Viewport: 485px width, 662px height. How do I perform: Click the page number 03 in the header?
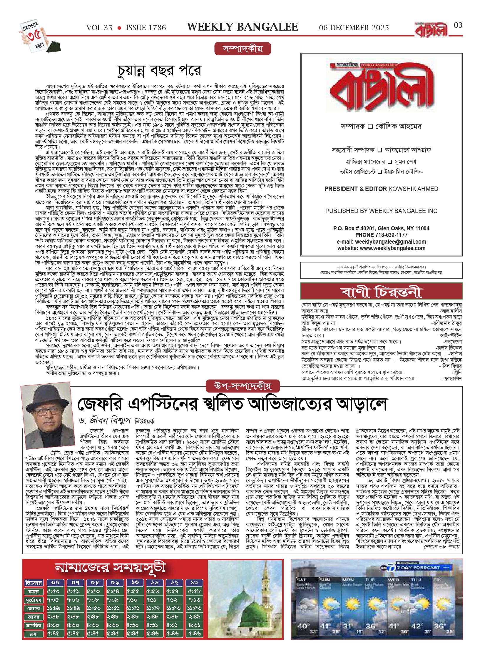click(458, 25)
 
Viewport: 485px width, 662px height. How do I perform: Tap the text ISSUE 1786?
click(146, 28)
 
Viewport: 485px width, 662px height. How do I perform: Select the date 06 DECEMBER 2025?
click(354, 28)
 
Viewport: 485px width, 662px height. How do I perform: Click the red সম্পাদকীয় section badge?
click(242, 49)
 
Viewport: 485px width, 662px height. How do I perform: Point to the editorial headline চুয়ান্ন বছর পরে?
click(159, 71)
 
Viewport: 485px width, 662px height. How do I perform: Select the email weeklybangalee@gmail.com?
click(390, 242)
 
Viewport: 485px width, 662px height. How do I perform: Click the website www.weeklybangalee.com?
click(392, 248)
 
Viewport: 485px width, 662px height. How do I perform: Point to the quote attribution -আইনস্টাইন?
click(450, 335)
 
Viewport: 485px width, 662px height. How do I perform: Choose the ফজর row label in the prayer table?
click(34, 591)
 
